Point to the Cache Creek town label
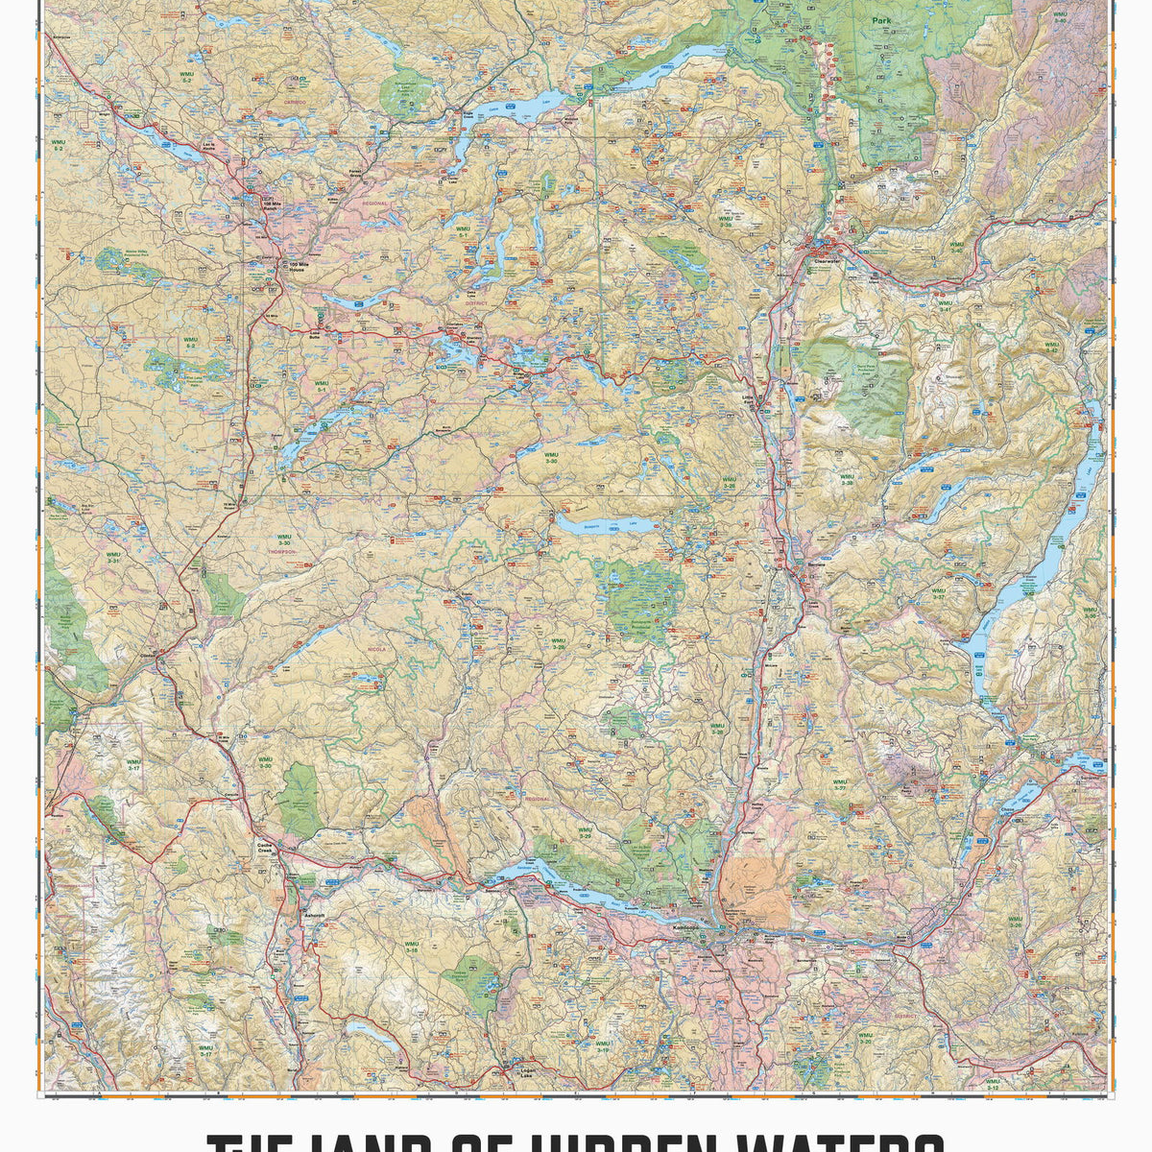(265, 847)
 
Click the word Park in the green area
(881, 20)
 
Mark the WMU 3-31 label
(114, 556)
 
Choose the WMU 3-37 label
(937, 593)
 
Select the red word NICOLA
(374, 650)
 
